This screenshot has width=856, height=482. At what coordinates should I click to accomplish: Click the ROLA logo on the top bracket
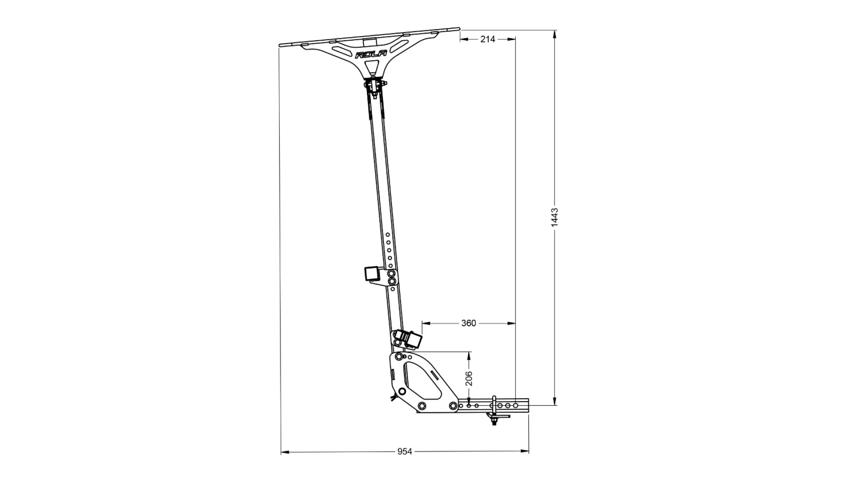371,54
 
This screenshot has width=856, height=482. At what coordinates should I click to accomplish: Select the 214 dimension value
488,39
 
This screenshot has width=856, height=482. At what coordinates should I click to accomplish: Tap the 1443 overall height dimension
555,217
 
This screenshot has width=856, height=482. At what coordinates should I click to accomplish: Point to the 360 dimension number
469,323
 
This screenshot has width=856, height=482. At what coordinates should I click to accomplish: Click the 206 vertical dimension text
469,378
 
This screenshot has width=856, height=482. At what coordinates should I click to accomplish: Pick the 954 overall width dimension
404,452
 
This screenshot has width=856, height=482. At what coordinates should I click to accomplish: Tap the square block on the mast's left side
371,273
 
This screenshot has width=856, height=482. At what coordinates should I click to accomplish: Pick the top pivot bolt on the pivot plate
398,357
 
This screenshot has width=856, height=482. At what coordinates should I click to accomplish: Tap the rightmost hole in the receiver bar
515,406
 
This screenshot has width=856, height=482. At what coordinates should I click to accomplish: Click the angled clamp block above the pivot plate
411,340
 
